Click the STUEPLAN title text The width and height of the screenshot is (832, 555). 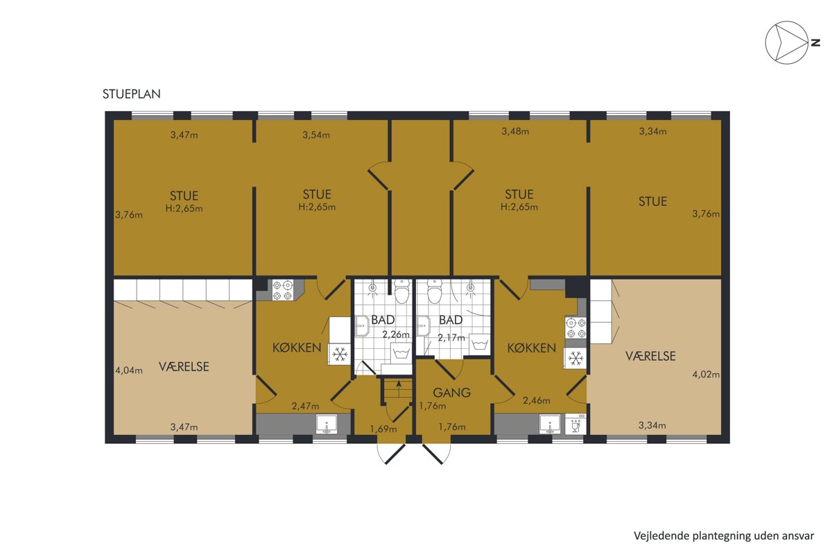[132, 94]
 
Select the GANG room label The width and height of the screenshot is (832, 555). [451, 393]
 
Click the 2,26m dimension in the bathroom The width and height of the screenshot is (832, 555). [396, 334]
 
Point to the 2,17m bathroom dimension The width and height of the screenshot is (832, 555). [451, 338]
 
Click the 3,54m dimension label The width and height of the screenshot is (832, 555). [316, 135]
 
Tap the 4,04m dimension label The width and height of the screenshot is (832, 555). [129, 370]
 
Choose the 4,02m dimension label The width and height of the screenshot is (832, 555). [706, 375]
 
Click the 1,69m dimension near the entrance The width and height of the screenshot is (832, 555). [383, 429]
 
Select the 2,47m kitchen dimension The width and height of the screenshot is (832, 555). [305, 407]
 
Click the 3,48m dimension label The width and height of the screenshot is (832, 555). [515, 131]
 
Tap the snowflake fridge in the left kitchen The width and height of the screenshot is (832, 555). [340, 355]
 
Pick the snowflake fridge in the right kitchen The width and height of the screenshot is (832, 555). [575, 359]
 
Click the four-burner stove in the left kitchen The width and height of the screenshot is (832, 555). [283, 290]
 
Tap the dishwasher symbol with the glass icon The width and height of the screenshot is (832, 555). [575, 424]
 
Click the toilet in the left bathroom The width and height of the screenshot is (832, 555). [401, 291]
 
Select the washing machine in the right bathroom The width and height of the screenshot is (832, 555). [480, 345]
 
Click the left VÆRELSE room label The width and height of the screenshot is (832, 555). [184, 367]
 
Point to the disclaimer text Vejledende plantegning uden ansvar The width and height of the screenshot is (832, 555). [724, 536]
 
